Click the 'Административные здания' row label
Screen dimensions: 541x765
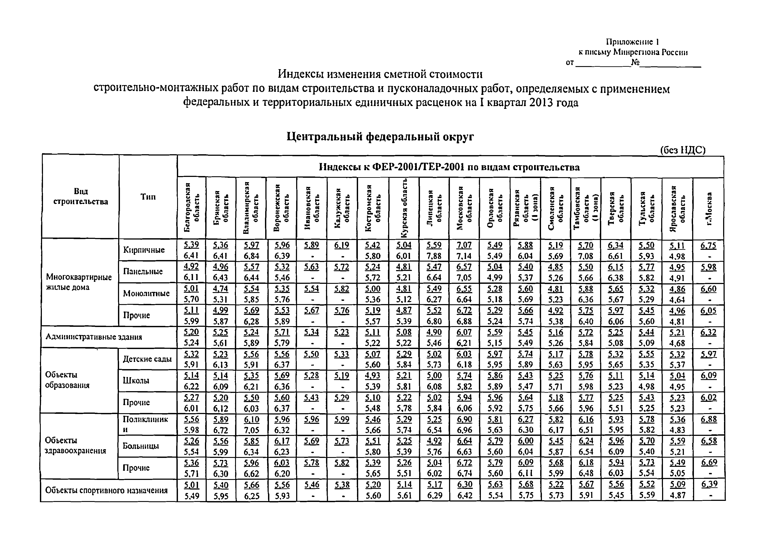click(x=94, y=337)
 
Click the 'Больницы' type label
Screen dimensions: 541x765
click(x=141, y=446)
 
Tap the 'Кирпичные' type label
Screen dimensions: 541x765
click(x=144, y=250)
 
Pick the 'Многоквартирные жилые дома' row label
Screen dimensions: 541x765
click(x=79, y=282)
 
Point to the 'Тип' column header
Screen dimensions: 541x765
click(x=148, y=197)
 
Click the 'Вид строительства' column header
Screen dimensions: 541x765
click(x=80, y=197)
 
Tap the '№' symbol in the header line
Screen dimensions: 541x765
click(x=635, y=62)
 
